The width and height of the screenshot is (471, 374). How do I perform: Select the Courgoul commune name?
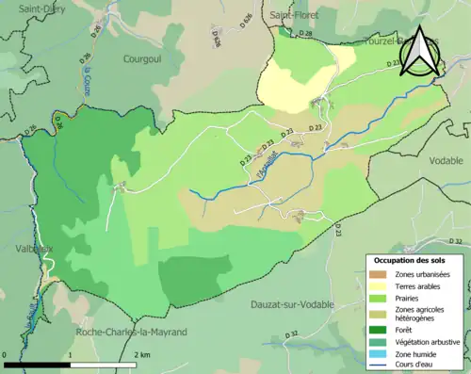(x=144, y=58)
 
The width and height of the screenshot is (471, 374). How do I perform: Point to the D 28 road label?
(x=305, y=35)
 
